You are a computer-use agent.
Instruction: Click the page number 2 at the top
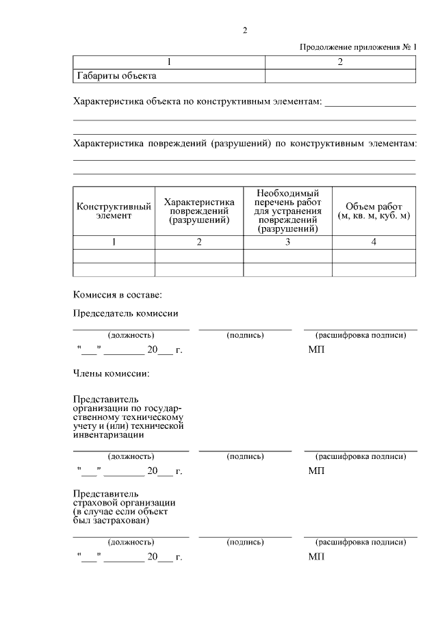click(x=244, y=30)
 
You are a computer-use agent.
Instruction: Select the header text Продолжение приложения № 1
click(x=358, y=47)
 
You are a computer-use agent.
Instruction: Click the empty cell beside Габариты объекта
click(x=339, y=75)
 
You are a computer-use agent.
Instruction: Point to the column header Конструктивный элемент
click(x=114, y=211)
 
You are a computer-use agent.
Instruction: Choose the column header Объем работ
click(x=374, y=207)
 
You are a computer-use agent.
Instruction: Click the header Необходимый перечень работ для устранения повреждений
click(x=288, y=211)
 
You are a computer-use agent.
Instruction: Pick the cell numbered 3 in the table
click(x=288, y=242)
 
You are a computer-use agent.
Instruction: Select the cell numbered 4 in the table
click(x=374, y=242)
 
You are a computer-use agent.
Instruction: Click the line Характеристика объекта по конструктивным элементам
click(x=197, y=101)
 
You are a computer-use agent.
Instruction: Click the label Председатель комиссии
click(x=125, y=313)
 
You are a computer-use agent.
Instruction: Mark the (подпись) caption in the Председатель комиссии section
click(x=245, y=335)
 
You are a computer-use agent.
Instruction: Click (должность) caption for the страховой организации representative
click(x=131, y=542)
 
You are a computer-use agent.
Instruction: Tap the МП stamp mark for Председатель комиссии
click(x=316, y=350)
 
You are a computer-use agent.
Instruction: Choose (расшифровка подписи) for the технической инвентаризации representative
click(x=360, y=456)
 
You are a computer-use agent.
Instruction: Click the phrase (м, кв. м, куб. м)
click(x=374, y=215)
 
